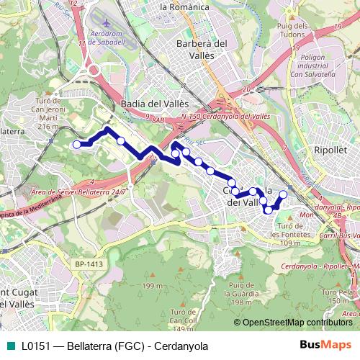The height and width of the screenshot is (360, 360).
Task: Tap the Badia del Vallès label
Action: [155, 104]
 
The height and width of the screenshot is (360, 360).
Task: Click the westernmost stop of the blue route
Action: [76, 145]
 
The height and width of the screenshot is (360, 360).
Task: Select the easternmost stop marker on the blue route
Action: [283, 195]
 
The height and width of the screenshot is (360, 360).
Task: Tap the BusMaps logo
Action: [325, 345]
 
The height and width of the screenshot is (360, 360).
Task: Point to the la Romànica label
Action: [184, 6]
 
